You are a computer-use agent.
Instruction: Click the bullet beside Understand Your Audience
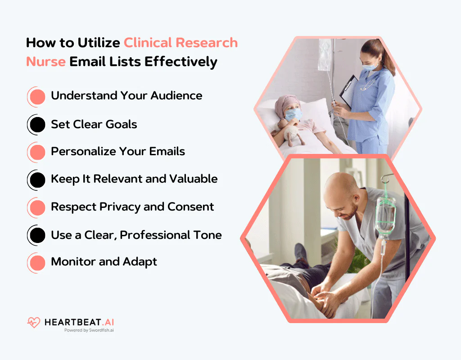(x=37, y=96)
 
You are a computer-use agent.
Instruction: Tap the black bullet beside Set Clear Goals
(x=37, y=124)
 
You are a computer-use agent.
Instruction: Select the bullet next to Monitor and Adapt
(x=37, y=262)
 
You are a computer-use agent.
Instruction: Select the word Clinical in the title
(x=148, y=43)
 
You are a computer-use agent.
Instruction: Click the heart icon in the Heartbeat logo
(x=34, y=322)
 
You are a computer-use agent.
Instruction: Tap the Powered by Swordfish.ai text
(x=89, y=330)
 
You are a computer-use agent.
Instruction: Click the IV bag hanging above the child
(x=325, y=54)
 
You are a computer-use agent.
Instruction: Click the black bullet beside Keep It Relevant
(x=37, y=180)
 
